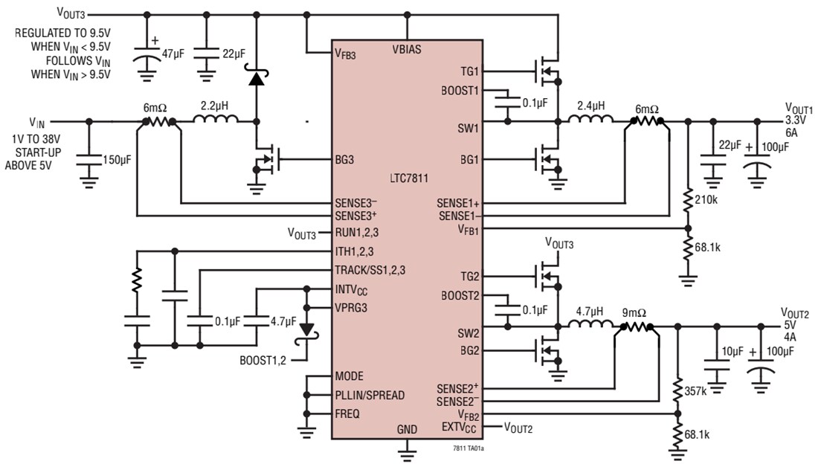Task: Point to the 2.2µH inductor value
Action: tap(214, 106)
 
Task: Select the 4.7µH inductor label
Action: tap(589, 312)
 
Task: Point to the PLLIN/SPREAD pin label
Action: tap(370, 395)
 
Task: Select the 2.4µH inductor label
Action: tap(589, 106)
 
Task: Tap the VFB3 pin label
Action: tap(346, 54)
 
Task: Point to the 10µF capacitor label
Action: tap(732, 350)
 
